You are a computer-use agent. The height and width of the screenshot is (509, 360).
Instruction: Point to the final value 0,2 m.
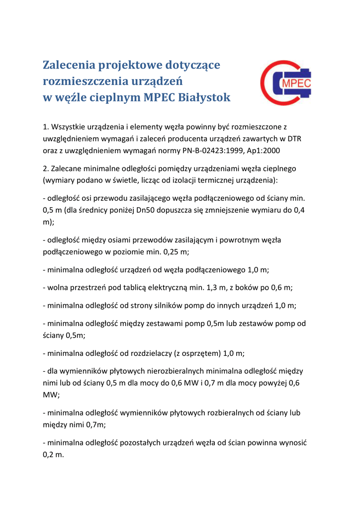pyautogui.click(x=53, y=455)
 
